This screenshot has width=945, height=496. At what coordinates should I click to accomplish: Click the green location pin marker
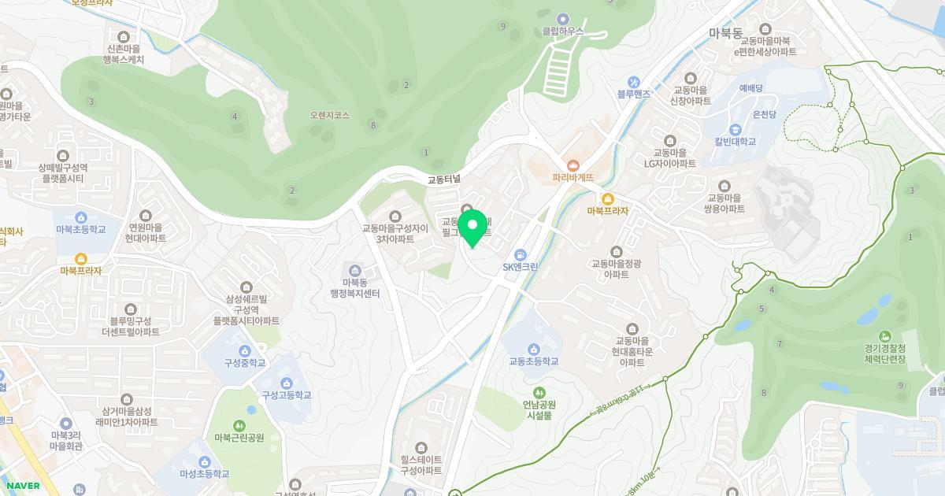click(x=472, y=228)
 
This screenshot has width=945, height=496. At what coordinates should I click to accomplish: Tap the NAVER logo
click(x=21, y=486)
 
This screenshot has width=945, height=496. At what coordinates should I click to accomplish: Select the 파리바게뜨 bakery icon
click(x=573, y=165)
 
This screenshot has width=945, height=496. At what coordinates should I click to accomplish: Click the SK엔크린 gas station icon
click(x=520, y=254)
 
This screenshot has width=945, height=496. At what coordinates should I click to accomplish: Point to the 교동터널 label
click(x=443, y=180)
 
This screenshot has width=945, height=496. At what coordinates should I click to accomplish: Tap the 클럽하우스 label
click(x=563, y=31)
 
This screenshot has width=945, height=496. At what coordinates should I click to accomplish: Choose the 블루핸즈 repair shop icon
click(x=633, y=82)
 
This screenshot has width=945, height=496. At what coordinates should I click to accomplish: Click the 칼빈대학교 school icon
click(x=735, y=130)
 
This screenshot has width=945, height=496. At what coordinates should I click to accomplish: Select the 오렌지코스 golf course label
click(x=330, y=115)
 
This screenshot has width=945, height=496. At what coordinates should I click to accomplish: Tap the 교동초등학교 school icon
click(x=533, y=350)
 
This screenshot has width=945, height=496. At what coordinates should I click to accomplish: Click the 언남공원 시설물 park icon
click(x=540, y=392)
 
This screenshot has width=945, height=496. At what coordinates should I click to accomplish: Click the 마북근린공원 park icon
click(x=239, y=426)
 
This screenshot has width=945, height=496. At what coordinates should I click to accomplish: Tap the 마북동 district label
click(x=725, y=33)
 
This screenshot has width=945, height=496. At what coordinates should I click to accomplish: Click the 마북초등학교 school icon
click(x=80, y=217)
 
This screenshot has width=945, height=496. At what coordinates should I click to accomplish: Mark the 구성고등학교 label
click(x=287, y=395)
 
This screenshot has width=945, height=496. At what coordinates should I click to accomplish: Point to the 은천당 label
click(x=765, y=114)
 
